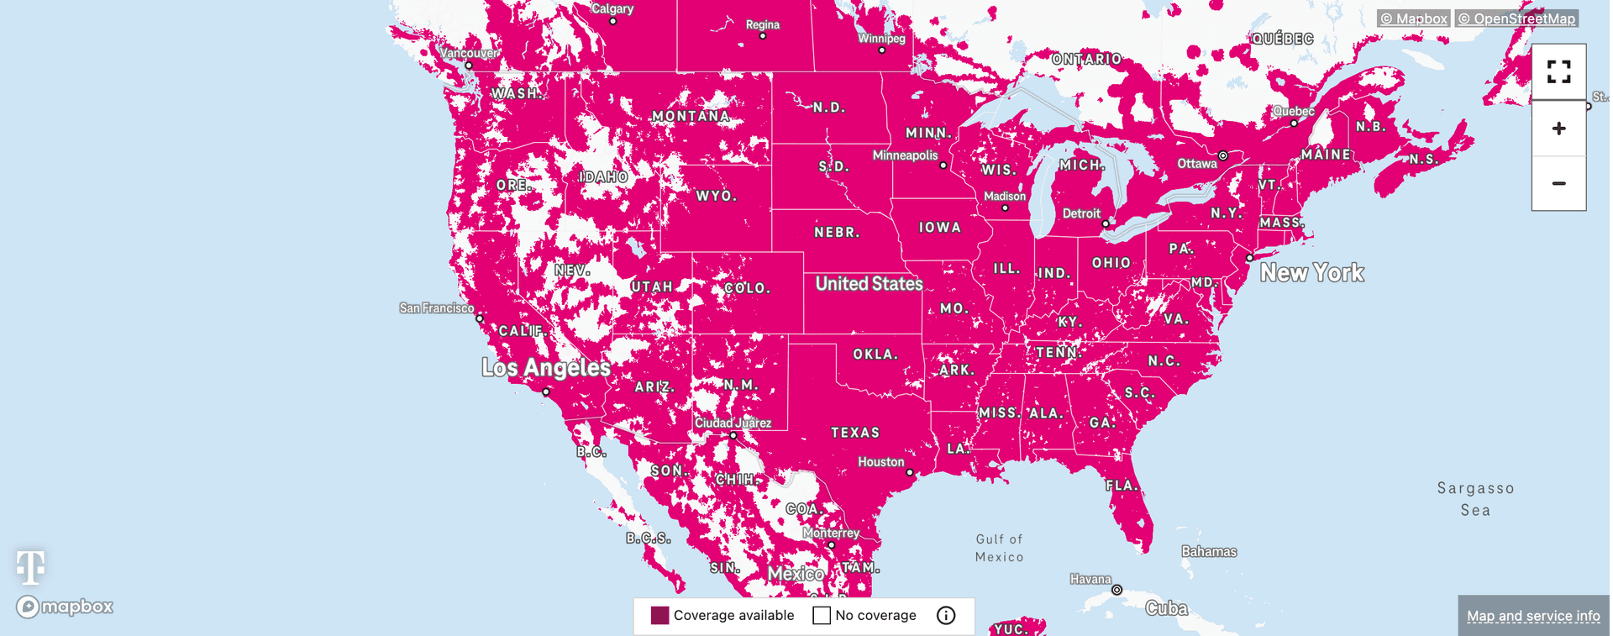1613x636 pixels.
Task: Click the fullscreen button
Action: coord(1558,72)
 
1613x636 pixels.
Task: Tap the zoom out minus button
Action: coord(1558,183)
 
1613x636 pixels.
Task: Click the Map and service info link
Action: coord(1533,616)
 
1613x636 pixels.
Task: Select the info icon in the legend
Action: coord(946,616)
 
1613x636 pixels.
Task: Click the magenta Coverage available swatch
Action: coord(660,616)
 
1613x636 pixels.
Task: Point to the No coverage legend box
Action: coord(822,616)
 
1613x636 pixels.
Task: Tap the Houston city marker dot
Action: coord(910,473)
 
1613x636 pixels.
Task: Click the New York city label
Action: coord(1311,273)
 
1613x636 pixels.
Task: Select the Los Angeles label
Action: coord(546,368)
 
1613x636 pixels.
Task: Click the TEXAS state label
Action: coord(855,433)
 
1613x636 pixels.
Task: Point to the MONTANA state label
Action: coord(691,117)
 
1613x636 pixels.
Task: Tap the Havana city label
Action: coord(1090,579)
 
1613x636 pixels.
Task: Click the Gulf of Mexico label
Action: coord(1000,548)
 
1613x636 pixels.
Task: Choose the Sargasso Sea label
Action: coord(1475,499)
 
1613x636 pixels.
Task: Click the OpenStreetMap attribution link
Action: coord(1516,18)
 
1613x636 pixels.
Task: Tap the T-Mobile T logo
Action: coord(31,567)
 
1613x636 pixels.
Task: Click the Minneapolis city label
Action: coord(905,155)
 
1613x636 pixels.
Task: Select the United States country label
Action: coord(869,284)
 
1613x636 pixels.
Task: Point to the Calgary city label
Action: coord(612,9)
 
